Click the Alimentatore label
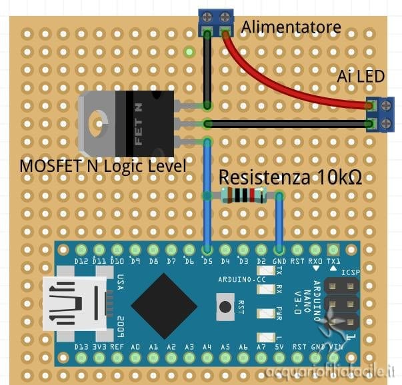point(291,27)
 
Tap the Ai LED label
point(361,77)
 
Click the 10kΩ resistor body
point(243,195)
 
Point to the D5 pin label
point(207,261)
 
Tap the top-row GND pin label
point(279,261)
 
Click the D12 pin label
point(81,261)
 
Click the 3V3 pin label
point(99,347)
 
